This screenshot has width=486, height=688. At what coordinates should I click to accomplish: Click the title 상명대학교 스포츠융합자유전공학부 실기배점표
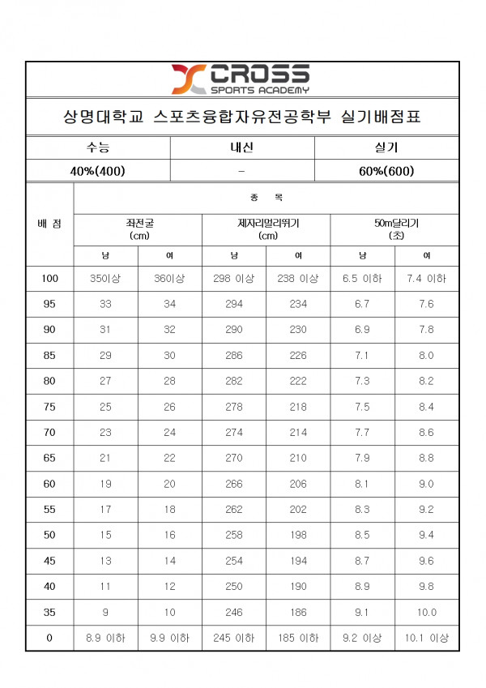[x=242, y=118]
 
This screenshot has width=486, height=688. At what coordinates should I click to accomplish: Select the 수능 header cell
[x=98, y=148]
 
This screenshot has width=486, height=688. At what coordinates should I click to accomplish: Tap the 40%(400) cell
[x=98, y=171]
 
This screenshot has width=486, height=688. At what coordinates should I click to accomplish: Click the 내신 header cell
[x=242, y=148]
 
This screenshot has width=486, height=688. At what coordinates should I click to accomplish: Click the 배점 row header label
[x=49, y=223]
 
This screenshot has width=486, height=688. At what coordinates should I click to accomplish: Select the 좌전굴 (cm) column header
[x=137, y=229]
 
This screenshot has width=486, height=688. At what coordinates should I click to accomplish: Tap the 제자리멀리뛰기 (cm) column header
[x=266, y=229]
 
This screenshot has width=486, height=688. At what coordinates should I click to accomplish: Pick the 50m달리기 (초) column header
[x=395, y=229]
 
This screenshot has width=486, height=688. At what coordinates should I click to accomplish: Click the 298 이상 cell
[x=234, y=278]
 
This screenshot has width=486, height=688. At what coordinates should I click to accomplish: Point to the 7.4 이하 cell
[x=426, y=278]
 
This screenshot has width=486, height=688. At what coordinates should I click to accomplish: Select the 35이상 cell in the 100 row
[x=106, y=278]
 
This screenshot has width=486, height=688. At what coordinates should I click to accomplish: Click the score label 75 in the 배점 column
[x=49, y=407]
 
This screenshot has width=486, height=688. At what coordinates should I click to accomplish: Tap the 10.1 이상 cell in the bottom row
[x=426, y=639]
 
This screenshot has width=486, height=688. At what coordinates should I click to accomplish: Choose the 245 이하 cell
[x=234, y=639]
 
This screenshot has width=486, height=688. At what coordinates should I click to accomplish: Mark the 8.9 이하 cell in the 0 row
[x=106, y=639]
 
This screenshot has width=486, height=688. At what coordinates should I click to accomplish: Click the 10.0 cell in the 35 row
[x=426, y=613]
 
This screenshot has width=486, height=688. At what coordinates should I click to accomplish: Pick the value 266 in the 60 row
[x=234, y=484]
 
